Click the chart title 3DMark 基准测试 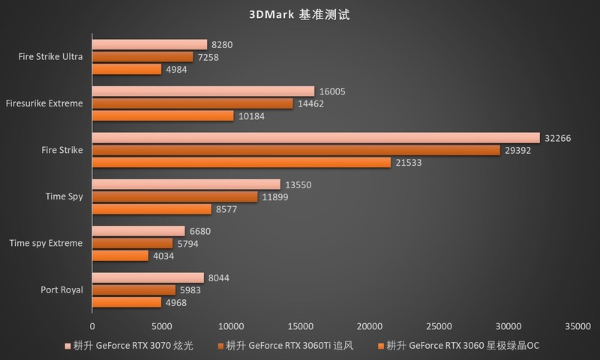pyautogui.click(x=299, y=14)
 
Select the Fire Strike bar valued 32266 pyautogui.click(x=316, y=137)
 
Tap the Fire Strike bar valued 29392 pyautogui.click(x=295, y=150)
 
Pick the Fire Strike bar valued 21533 pyautogui.click(x=241, y=162)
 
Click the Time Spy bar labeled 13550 pyautogui.click(x=186, y=184)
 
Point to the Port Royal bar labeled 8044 pyautogui.click(x=148, y=277)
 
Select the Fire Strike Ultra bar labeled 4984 pyautogui.click(x=127, y=69)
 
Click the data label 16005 pyautogui.click(x=332, y=91)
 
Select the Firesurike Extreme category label pyautogui.click(x=43, y=103)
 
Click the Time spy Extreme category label pyautogui.click(x=46, y=243)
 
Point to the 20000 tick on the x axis pyautogui.click(x=369, y=326)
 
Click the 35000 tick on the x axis pyautogui.click(x=577, y=326)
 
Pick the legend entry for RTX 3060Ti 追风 pyautogui.click(x=284, y=346)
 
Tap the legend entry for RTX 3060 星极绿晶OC pyautogui.click(x=459, y=346)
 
